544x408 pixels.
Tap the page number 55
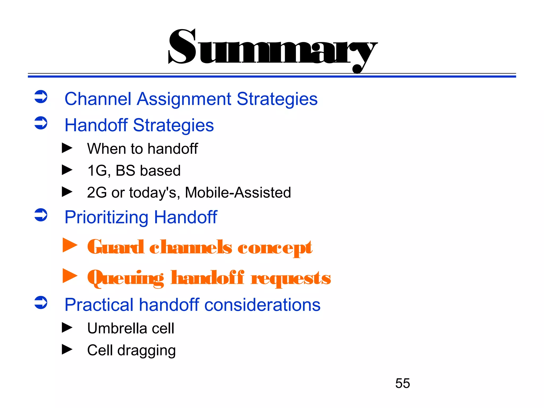[402, 383]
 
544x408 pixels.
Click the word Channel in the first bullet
[98, 99]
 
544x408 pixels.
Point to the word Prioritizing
[106, 218]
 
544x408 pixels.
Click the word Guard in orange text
[116, 247]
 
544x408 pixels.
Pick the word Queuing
[126, 278]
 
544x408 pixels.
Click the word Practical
[99, 305]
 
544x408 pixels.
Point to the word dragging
[146, 351]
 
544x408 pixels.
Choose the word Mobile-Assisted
[238, 193]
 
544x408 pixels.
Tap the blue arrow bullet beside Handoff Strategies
[41, 123]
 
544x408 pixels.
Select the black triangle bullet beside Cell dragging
[67, 349]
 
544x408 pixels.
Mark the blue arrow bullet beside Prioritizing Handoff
[41, 215]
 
